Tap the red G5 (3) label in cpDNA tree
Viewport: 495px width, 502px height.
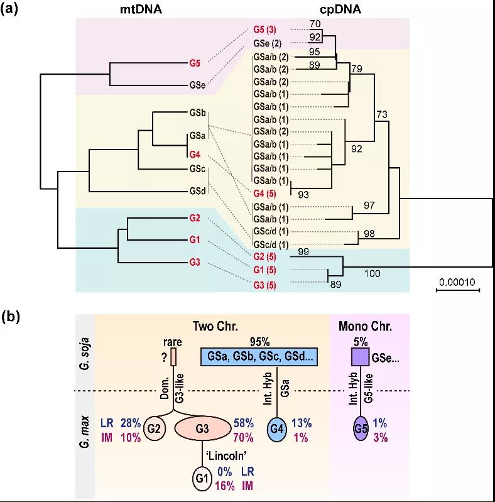[x=269, y=30]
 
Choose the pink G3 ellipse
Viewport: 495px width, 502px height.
[x=202, y=428]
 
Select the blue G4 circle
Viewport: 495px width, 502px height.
[x=278, y=428]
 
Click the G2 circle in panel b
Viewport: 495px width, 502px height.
[x=154, y=428]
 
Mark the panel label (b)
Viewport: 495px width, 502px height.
[x=12, y=317]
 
